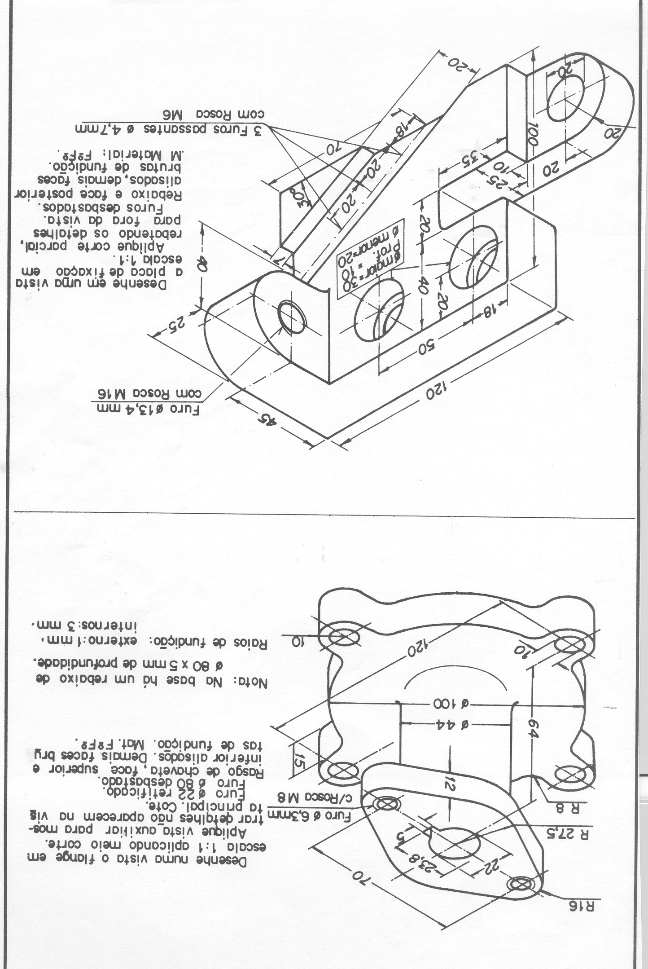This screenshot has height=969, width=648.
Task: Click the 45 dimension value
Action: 269,420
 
